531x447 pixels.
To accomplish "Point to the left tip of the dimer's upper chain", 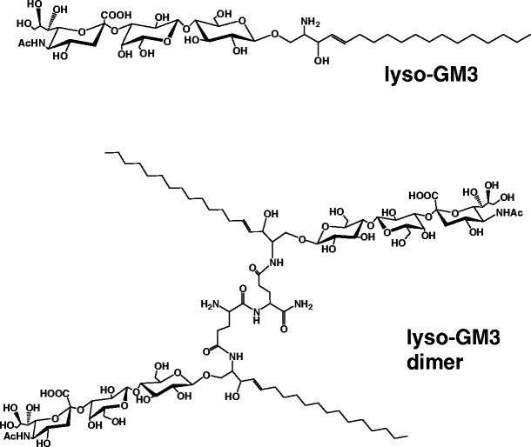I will tap(104, 154).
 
